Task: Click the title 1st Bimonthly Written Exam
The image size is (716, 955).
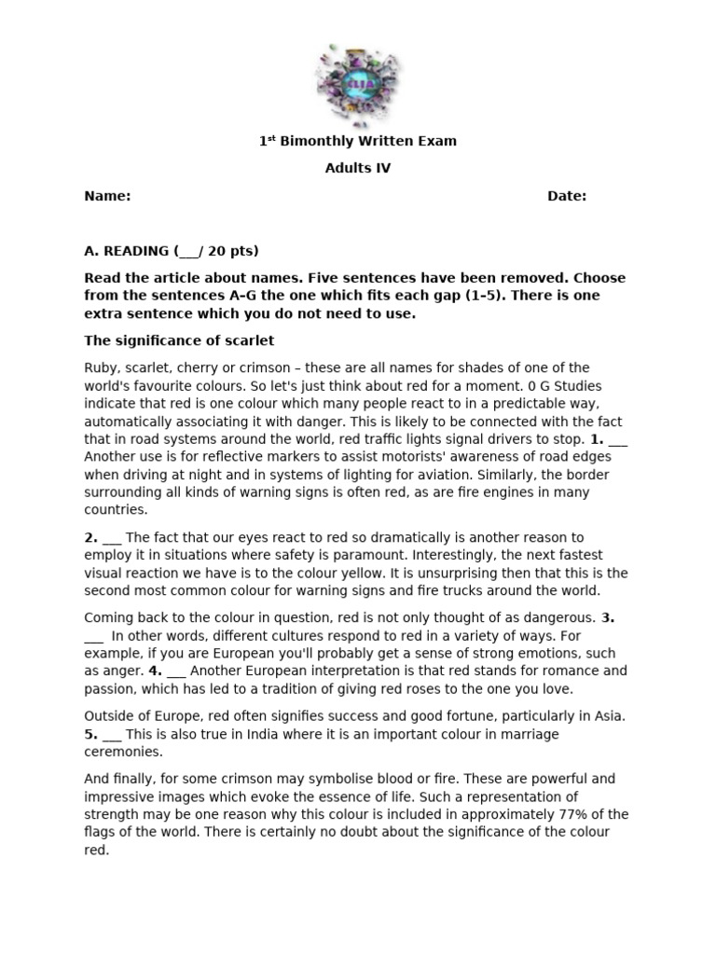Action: coord(357,141)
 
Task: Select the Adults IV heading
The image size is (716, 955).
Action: coord(358,169)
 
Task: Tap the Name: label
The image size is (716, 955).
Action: coord(107,196)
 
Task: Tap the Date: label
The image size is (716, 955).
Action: coord(567,196)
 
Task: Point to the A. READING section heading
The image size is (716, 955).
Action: coord(172,251)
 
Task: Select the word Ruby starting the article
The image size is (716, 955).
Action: coord(102,367)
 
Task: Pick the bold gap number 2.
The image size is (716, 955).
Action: coord(91,537)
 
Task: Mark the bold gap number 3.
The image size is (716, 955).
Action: coord(608,617)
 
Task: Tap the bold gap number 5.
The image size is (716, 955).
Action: coord(91,734)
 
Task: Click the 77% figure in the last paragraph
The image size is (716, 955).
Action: coord(582,814)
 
